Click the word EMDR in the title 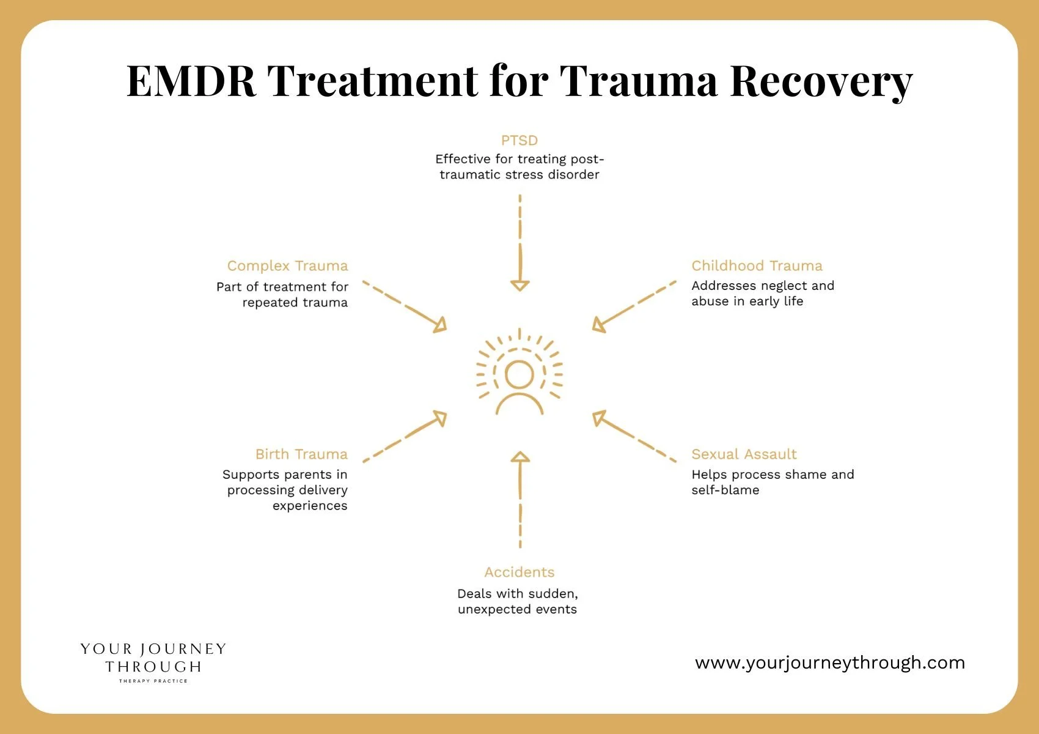pyautogui.click(x=191, y=81)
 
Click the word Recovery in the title pyautogui.click(x=821, y=83)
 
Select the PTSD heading pyautogui.click(x=519, y=140)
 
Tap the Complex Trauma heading pyautogui.click(x=288, y=266)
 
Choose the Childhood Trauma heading pyautogui.click(x=757, y=265)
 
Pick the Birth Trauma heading pyautogui.click(x=301, y=454)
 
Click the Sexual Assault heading pyautogui.click(x=744, y=454)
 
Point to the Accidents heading pyautogui.click(x=519, y=572)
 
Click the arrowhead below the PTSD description pyautogui.click(x=520, y=285)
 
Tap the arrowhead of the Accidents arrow pyautogui.click(x=520, y=457)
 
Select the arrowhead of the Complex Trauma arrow pyautogui.click(x=440, y=325)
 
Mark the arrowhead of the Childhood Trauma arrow pyautogui.click(x=599, y=325)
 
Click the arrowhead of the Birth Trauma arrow pyautogui.click(x=440, y=418)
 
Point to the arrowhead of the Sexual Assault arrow pyautogui.click(x=599, y=418)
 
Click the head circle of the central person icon pyautogui.click(x=519, y=374)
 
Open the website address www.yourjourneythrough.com pyautogui.click(x=830, y=662)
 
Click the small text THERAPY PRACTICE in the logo pyautogui.click(x=153, y=681)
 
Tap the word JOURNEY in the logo pyautogui.click(x=184, y=649)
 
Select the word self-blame pyautogui.click(x=725, y=491)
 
